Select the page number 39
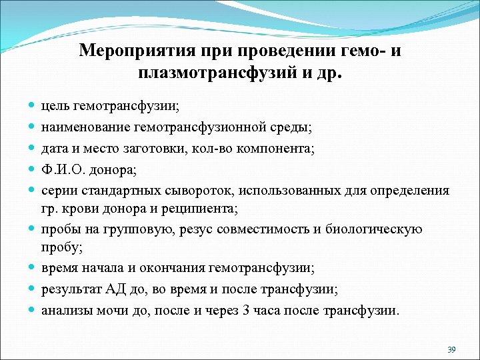(x=451, y=349)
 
